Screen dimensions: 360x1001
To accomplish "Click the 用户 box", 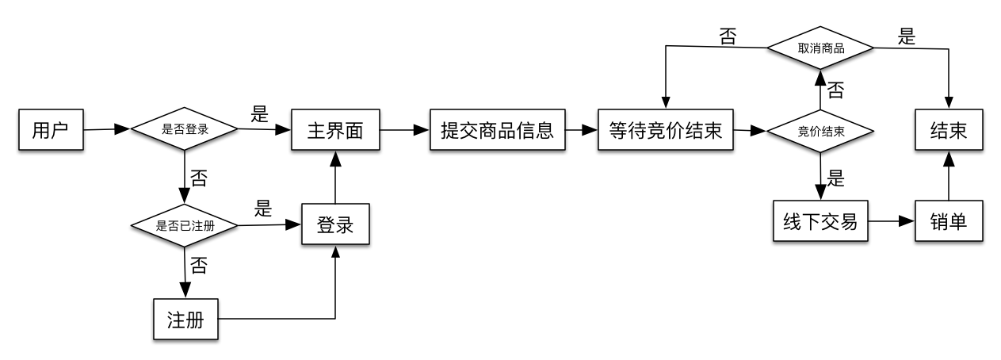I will tap(51, 130).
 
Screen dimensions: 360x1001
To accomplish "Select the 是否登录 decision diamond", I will tap(184, 129).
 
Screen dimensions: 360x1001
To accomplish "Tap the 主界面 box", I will tap(334, 130).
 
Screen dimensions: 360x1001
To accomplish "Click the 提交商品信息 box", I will tap(497, 130).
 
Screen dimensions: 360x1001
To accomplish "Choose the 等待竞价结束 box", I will tap(665, 130).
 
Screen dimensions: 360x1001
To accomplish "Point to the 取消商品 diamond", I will tap(820, 48).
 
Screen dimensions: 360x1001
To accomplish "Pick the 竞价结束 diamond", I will tap(820, 131).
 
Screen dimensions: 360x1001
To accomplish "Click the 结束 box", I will tap(949, 130).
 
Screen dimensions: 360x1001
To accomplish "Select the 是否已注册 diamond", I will tap(184, 226).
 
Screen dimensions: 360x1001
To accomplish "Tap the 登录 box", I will tap(335, 224).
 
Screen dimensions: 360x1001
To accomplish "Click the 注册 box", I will tap(185, 320).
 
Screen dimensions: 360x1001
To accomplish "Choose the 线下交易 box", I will tap(820, 221).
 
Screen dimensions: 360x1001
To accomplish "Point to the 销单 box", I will tap(949, 221).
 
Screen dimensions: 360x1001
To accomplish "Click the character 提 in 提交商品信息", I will tap(450, 130).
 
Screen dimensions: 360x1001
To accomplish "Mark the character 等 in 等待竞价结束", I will tap(618, 130).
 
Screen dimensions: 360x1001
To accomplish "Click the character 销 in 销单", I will tap(939, 221).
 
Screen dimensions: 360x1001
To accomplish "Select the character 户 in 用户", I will tap(60, 130).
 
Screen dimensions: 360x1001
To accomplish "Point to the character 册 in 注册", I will tap(195, 320).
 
